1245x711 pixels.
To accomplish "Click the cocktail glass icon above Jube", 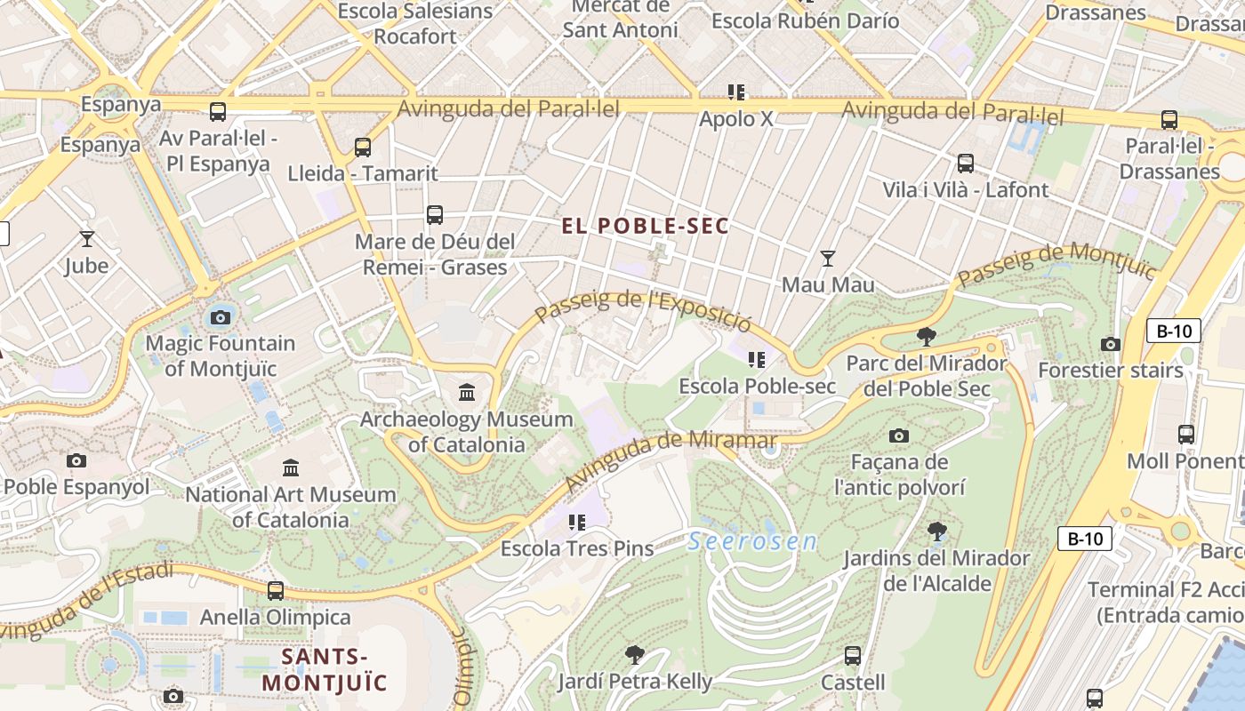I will (86, 238).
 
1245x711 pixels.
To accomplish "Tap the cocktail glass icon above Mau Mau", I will (828, 258).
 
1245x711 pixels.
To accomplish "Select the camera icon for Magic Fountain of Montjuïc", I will (220, 316).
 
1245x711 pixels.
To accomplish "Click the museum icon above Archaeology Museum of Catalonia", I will (467, 392).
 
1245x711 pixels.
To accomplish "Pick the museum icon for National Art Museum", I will (291, 467).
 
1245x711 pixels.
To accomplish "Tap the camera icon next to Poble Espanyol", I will (76, 460).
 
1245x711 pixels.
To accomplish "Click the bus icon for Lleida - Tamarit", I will (363, 147).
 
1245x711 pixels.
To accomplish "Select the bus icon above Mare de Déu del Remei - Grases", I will (435, 214).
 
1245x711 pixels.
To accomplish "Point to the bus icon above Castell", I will (853, 656).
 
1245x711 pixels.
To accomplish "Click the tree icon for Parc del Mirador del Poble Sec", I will (926, 336).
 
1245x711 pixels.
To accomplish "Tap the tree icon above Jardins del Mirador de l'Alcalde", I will (936, 531).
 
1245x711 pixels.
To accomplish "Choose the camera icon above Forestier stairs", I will (1110, 344).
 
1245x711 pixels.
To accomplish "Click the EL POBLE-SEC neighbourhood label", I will (645, 226).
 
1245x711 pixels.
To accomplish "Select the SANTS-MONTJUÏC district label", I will (325, 670).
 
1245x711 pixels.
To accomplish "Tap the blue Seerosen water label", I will (752, 541).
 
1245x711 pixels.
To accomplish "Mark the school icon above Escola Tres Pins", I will (577, 522).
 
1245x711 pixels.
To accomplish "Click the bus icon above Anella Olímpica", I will (276, 590).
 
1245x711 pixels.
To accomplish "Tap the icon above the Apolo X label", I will (736, 92).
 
